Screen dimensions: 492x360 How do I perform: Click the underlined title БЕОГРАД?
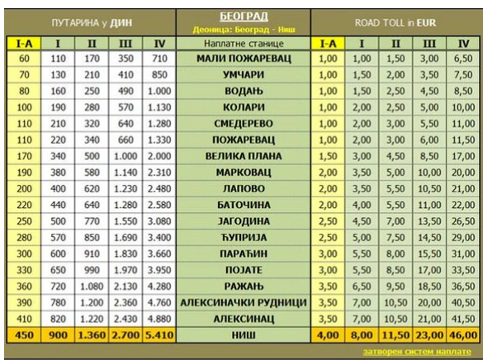244,16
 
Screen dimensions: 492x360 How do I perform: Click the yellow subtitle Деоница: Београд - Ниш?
244,30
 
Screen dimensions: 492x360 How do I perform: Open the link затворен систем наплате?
417,352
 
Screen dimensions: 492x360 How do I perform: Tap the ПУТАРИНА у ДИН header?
92,23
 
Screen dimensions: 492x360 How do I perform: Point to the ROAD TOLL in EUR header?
395,23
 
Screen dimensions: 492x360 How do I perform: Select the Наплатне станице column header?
244,43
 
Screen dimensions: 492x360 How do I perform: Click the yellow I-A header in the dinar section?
24,44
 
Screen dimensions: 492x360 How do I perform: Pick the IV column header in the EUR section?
463,44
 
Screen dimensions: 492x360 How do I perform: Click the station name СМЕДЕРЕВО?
244,124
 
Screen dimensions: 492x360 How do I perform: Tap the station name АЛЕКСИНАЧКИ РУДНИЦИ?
244,302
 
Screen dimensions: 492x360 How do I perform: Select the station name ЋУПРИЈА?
244,238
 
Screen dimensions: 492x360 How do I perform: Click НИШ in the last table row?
244,335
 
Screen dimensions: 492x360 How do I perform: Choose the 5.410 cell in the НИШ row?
159,335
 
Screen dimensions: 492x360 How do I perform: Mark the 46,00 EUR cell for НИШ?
463,335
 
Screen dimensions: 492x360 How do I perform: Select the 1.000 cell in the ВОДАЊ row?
159,91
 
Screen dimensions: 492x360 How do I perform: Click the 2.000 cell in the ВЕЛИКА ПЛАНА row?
159,156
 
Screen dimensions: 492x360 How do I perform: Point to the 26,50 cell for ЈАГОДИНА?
463,221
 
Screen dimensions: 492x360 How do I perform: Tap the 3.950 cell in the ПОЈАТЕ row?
159,270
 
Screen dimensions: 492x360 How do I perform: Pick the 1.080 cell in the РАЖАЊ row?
92,287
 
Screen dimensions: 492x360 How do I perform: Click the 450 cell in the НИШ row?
24,335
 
